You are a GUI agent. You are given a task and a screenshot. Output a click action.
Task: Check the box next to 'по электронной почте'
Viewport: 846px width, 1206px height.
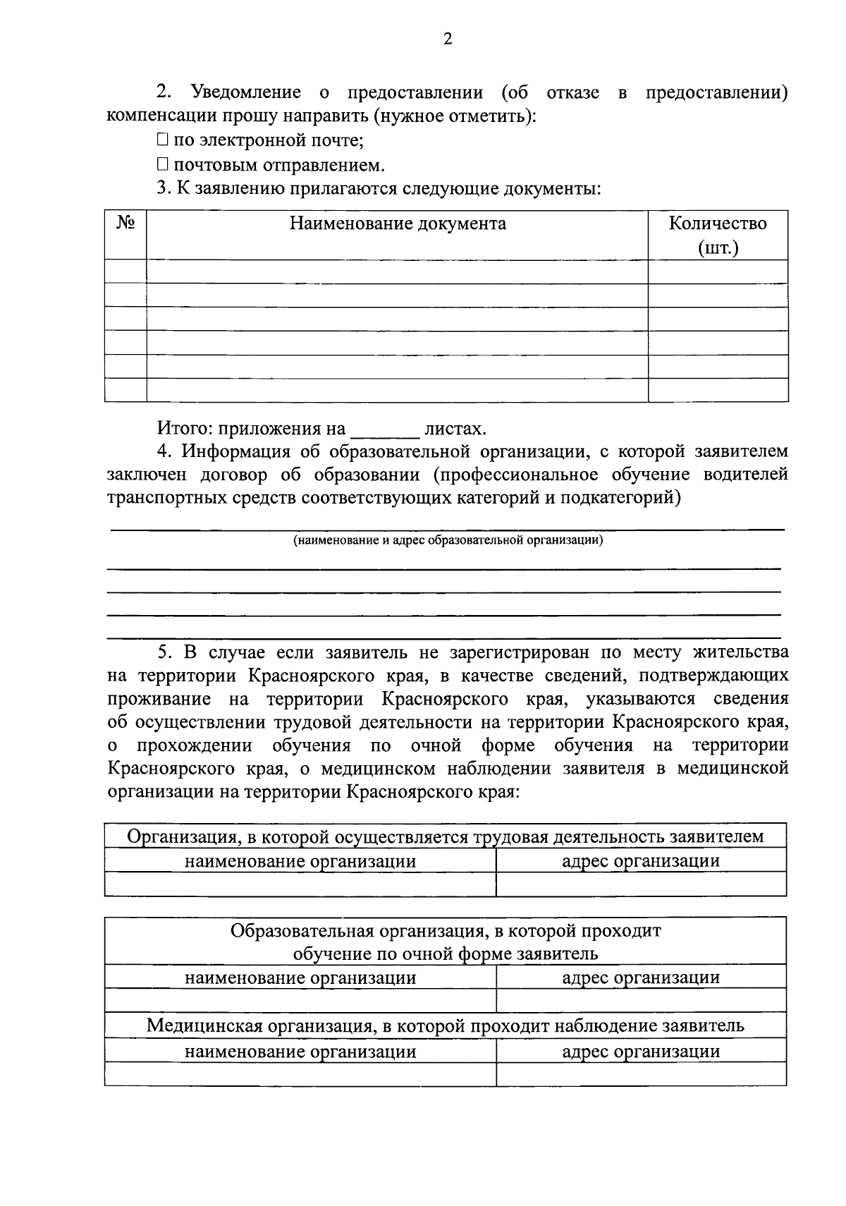(162, 140)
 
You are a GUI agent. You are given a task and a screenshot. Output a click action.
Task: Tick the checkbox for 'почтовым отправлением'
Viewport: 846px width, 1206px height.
(162, 165)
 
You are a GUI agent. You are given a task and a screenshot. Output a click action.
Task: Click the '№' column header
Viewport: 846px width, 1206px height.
(125, 224)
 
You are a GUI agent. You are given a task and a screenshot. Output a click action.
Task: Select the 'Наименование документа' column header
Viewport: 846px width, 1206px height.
(398, 224)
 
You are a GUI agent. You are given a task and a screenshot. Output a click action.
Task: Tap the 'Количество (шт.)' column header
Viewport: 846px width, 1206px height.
(718, 236)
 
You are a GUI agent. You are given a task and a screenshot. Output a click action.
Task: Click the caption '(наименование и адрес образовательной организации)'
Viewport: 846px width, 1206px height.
(448, 541)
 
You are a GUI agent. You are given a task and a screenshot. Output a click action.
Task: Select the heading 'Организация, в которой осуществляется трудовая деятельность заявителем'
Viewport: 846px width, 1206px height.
(446, 837)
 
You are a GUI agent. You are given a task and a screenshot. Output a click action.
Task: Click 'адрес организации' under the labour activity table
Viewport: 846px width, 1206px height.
(641, 861)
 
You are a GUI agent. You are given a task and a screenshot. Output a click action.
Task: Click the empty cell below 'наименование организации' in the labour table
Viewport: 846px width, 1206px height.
(300, 884)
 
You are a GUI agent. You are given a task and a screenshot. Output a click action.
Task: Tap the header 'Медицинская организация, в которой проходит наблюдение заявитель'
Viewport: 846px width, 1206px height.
(446, 1025)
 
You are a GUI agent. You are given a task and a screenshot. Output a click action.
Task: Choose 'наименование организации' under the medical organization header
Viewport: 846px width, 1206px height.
(300, 1052)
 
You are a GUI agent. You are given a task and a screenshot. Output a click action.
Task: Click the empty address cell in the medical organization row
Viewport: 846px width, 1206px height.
(641, 1074)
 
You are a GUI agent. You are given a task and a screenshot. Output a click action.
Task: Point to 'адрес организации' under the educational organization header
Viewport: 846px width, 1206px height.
(641, 977)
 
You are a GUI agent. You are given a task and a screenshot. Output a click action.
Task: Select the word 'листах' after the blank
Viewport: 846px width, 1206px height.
(455, 429)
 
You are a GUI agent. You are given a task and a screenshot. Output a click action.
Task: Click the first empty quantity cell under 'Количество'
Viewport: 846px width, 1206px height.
(718, 272)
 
